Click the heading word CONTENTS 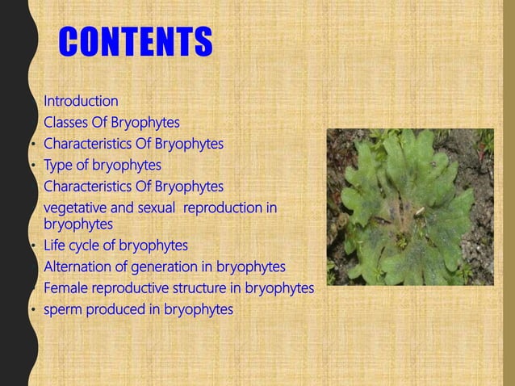pyautogui.click(x=136, y=43)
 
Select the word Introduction pyautogui.click(x=81, y=101)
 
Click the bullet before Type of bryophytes pyautogui.click(x=33, y=166)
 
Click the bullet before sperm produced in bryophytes pyautogui.click(x=33, y=310)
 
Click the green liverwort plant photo pyautogui.click(x=409, y=207)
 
